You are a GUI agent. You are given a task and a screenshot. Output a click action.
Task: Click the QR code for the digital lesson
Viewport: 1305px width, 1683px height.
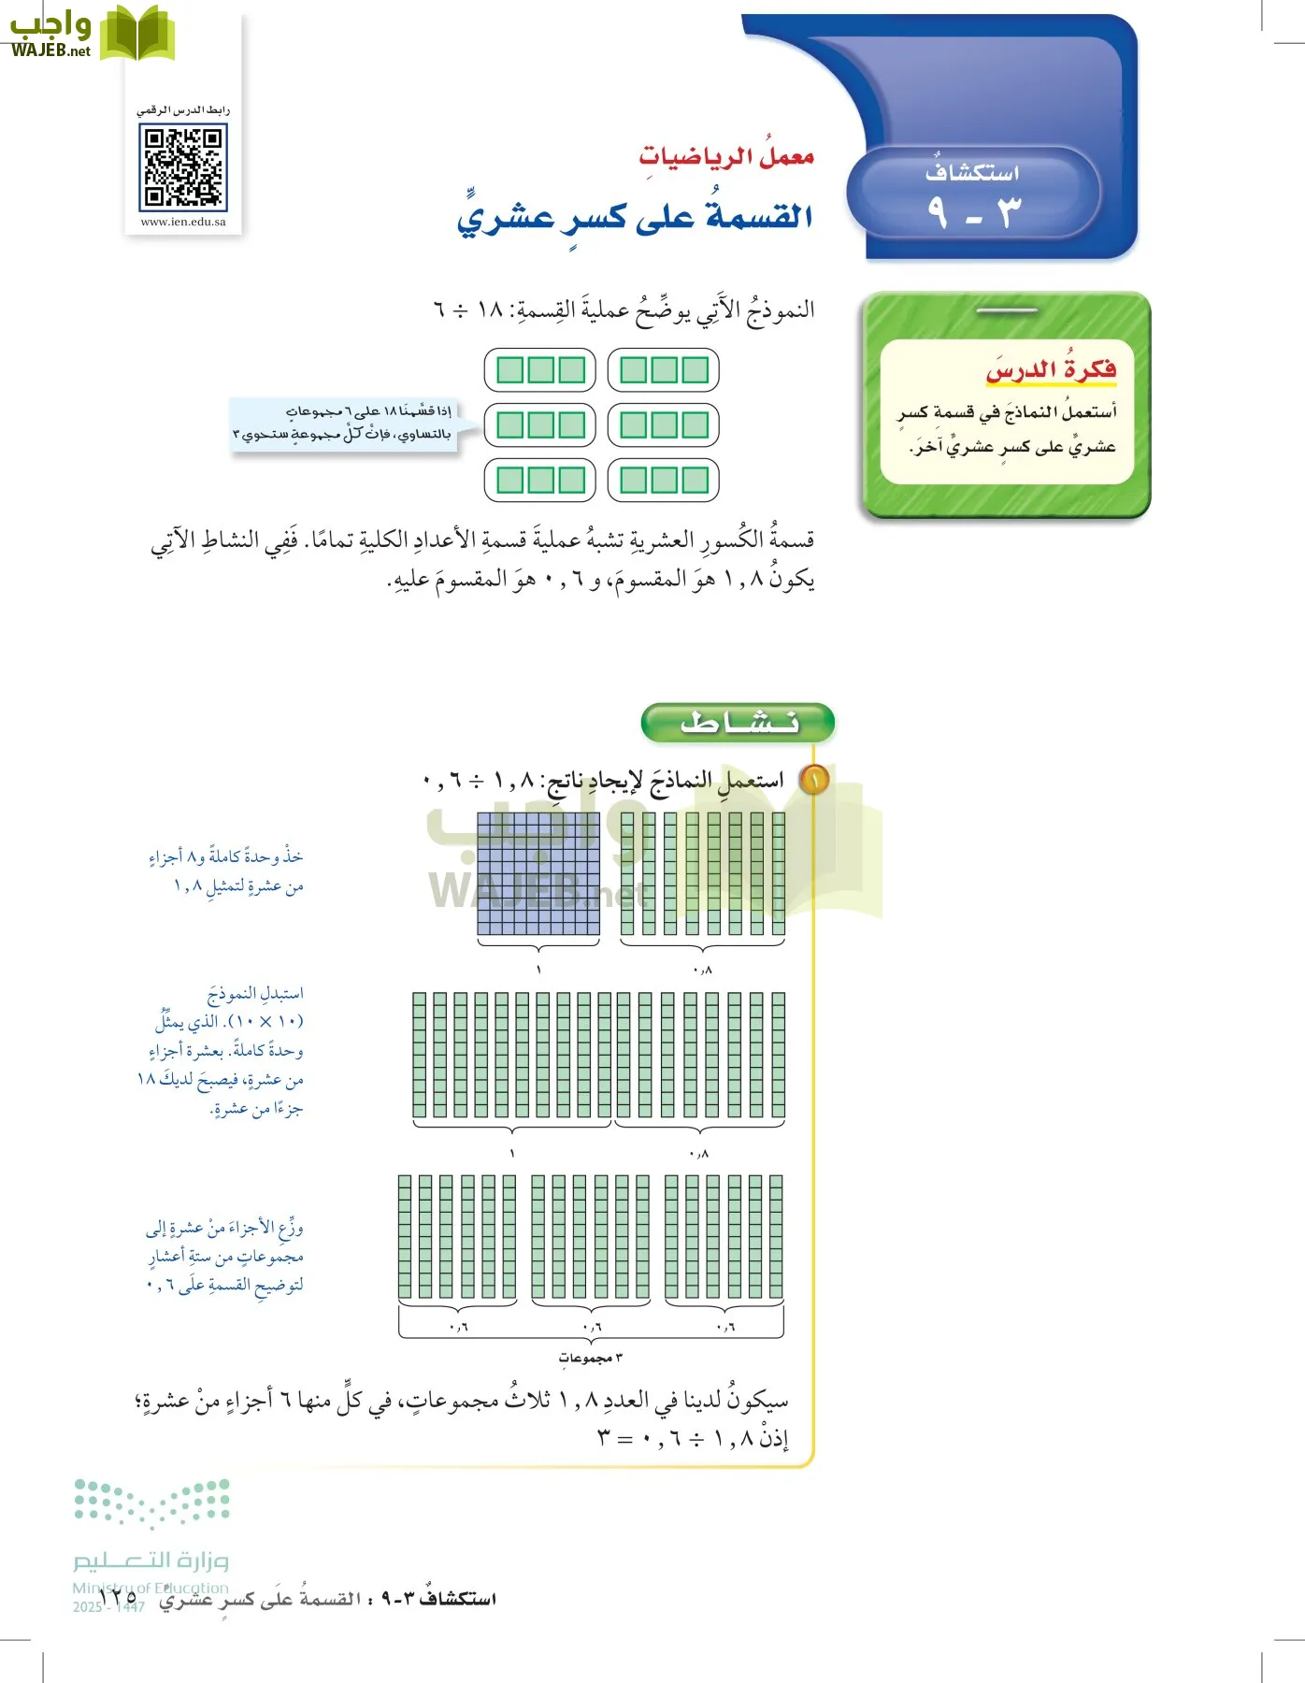pos(183,167)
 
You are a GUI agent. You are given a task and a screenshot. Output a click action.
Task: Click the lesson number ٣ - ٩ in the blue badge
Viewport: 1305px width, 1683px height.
pos(973,213)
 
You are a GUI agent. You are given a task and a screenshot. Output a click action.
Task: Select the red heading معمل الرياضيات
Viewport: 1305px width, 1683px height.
pos(726,156)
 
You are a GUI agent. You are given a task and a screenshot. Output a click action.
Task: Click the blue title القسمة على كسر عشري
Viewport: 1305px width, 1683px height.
pos(635,217)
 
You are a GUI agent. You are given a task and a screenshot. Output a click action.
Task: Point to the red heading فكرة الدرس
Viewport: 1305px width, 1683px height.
pos(1051,370)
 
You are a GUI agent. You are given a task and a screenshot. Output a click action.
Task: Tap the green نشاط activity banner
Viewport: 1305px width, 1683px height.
pos(738,723)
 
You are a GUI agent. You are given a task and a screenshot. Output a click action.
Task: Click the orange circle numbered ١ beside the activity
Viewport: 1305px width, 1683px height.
pos(814,780)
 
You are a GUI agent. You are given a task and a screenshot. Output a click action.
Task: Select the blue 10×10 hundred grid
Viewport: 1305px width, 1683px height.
pos(538,873)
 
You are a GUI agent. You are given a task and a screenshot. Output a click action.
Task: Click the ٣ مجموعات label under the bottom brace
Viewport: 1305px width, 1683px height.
pos(591,1358)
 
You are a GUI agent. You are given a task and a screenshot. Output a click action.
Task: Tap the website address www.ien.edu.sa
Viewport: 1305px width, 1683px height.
pos(183,223)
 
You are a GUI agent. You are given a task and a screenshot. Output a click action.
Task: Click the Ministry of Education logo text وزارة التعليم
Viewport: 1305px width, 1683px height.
pos(151,1561)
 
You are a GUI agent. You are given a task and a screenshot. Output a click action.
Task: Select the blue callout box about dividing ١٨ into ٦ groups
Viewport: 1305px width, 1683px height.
pos(344,424)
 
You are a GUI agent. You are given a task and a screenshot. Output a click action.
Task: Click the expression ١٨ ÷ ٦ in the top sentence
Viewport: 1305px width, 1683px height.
pos(468,309)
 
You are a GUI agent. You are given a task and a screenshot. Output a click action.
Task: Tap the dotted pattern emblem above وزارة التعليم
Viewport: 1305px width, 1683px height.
pos(151,1503)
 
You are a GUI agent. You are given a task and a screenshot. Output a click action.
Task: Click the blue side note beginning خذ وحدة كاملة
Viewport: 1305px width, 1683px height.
pos(227,870)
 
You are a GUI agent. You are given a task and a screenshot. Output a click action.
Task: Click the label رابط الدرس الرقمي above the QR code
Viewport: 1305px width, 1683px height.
pos(183,110)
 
